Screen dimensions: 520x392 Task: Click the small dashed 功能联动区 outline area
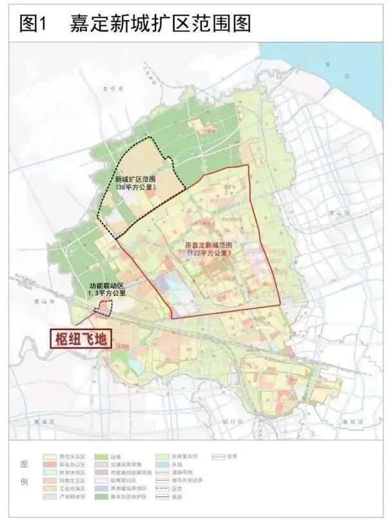click(x=103, y=308)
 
